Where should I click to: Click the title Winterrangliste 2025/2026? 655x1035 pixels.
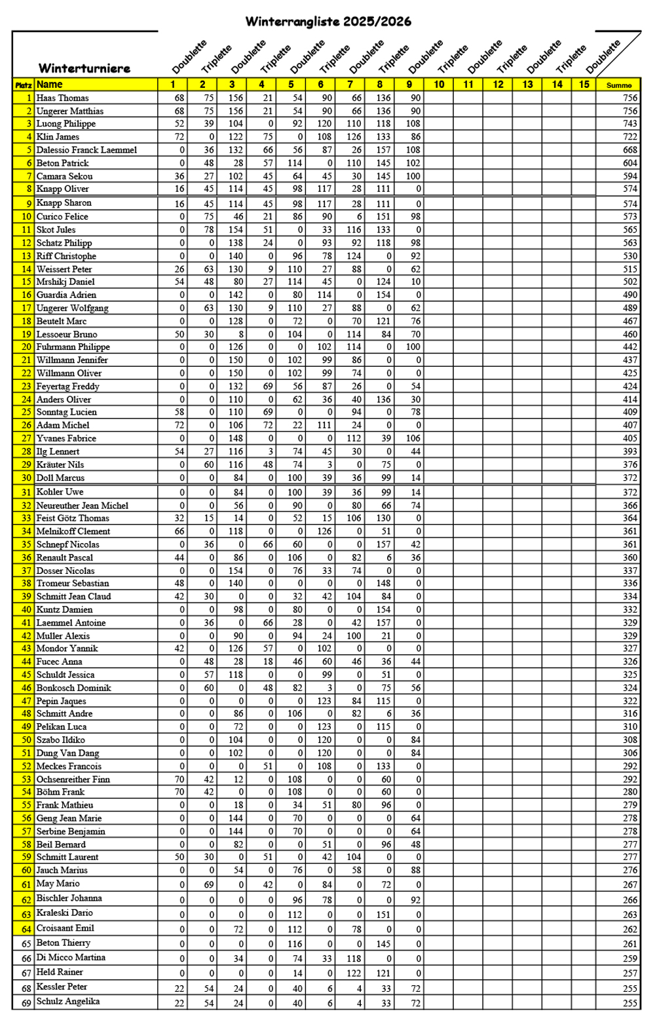pos(328,22)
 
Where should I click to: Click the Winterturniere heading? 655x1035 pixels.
pos(84,68)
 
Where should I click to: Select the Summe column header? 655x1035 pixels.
pos(619,85)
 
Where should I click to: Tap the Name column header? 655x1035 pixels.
pos(50,85)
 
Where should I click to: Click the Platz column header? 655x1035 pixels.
pos(24,85)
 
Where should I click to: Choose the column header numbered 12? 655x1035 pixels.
pos(498,85)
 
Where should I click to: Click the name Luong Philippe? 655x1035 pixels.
pos(66,124)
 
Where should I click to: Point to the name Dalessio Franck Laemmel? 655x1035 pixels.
pos(86,150)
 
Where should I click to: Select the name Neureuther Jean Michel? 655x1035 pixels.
pos(83,506)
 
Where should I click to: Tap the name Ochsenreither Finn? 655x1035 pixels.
pos(73,780)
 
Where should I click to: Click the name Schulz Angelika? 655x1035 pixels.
pos(68,1002)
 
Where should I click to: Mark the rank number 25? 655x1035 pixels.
pos(26,412)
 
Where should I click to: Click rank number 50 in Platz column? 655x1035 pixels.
pos(26,740)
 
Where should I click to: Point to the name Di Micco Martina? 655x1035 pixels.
pos(71,958)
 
